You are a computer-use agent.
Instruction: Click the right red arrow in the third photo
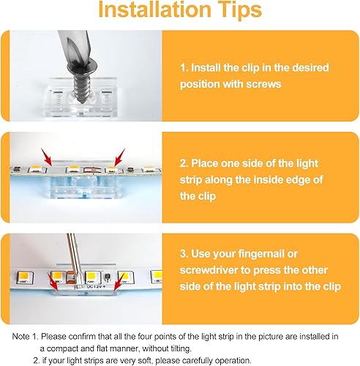point(118,277)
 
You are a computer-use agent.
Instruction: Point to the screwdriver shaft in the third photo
point(81,250)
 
